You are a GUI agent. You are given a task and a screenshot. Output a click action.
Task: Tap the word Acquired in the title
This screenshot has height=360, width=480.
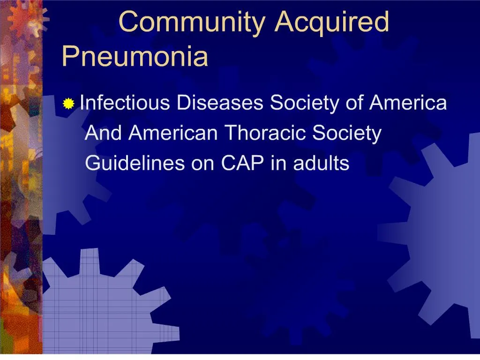point(331,22)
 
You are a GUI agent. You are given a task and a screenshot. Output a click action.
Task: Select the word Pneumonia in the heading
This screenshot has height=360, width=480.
point(135,56)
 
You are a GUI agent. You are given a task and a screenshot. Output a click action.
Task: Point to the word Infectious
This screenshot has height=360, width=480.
point(125,103)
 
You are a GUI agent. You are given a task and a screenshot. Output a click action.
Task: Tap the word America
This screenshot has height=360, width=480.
point(408,103)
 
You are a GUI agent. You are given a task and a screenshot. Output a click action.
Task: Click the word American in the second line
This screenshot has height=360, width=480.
point(173,133)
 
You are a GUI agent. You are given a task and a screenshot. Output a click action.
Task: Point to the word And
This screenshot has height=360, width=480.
point(104,133)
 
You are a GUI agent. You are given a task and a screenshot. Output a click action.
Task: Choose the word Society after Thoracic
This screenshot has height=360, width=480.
point(347,134)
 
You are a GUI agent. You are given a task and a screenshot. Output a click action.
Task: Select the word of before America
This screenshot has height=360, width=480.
point(356,103)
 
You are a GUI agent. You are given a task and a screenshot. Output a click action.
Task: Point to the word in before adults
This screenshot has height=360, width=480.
point(277,164)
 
